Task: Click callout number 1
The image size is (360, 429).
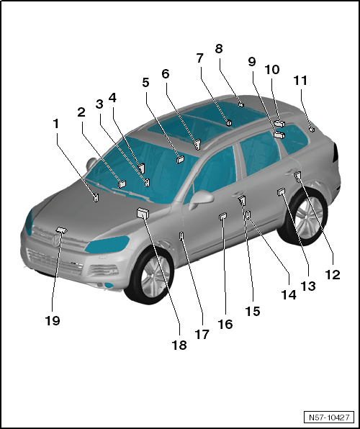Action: [56, 124]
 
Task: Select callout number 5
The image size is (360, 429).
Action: [145, 82]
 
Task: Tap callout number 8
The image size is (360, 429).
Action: [219, 49]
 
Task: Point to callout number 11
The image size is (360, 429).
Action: [300, 81]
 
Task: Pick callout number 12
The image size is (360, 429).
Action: [333, 275]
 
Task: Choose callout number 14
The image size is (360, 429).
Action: [289, 295]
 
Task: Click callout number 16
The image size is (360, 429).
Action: [225, 324]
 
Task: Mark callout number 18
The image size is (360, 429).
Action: [179, 345]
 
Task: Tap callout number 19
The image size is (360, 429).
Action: [53, 320]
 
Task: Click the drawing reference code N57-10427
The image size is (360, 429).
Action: [329, 417]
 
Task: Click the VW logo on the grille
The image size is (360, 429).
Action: [55, 241]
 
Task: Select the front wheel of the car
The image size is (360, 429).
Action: [151, 275]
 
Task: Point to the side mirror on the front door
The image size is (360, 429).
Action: [201, 199]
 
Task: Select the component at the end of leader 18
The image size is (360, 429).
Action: [143, 212]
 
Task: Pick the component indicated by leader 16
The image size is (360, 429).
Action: [222, 217]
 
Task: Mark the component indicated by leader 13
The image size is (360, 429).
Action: [281, 192]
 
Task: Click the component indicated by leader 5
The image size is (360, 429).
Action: [181, 159]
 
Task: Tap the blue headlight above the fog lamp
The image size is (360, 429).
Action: [107, 244]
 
